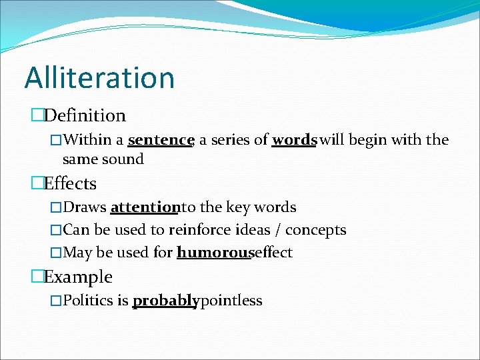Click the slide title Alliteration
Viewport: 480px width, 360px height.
(99, 77)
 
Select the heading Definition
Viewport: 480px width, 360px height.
(85, 115)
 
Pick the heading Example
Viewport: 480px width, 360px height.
(78, 277)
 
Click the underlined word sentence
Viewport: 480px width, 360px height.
(160, 140)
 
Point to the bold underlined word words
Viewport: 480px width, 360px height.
(293, 140)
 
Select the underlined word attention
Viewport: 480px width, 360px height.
(145, 207)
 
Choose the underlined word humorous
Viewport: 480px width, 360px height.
(213, 253)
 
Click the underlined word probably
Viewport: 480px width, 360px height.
(165, 301)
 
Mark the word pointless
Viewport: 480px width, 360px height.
(231, 301)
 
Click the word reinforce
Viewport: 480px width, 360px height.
(199, 230)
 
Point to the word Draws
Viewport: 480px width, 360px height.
(85, 207)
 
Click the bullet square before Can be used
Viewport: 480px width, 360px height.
(56, 231)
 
